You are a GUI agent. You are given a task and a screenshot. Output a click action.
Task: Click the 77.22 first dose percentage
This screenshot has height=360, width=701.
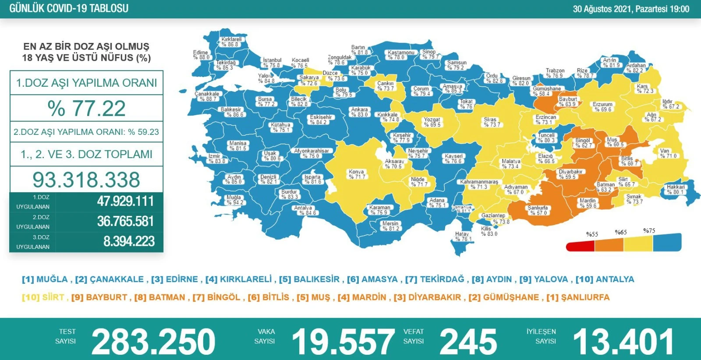[87, 109]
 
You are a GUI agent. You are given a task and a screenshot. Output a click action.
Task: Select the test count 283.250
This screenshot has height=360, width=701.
[153, 342]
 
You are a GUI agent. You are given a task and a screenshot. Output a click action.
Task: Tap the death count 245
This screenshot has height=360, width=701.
[468, 342]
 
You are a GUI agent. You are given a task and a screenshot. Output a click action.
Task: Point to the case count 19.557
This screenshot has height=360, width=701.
[343, 342]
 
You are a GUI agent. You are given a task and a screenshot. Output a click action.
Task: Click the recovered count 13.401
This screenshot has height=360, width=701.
[623, 342]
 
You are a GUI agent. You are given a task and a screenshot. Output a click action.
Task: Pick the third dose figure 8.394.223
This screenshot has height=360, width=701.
[129, 241]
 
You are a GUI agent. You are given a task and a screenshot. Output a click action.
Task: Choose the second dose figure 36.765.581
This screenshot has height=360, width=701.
[125, 221]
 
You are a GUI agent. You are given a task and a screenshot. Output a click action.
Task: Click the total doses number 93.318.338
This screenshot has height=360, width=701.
[86, 180]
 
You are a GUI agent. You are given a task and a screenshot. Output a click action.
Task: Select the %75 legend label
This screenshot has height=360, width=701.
[649, 230]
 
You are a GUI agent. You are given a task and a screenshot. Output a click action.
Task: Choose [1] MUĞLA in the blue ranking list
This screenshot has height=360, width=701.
[45, 279]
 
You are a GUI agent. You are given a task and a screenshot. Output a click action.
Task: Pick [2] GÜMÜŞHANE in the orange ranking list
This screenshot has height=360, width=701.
[504, 297]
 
